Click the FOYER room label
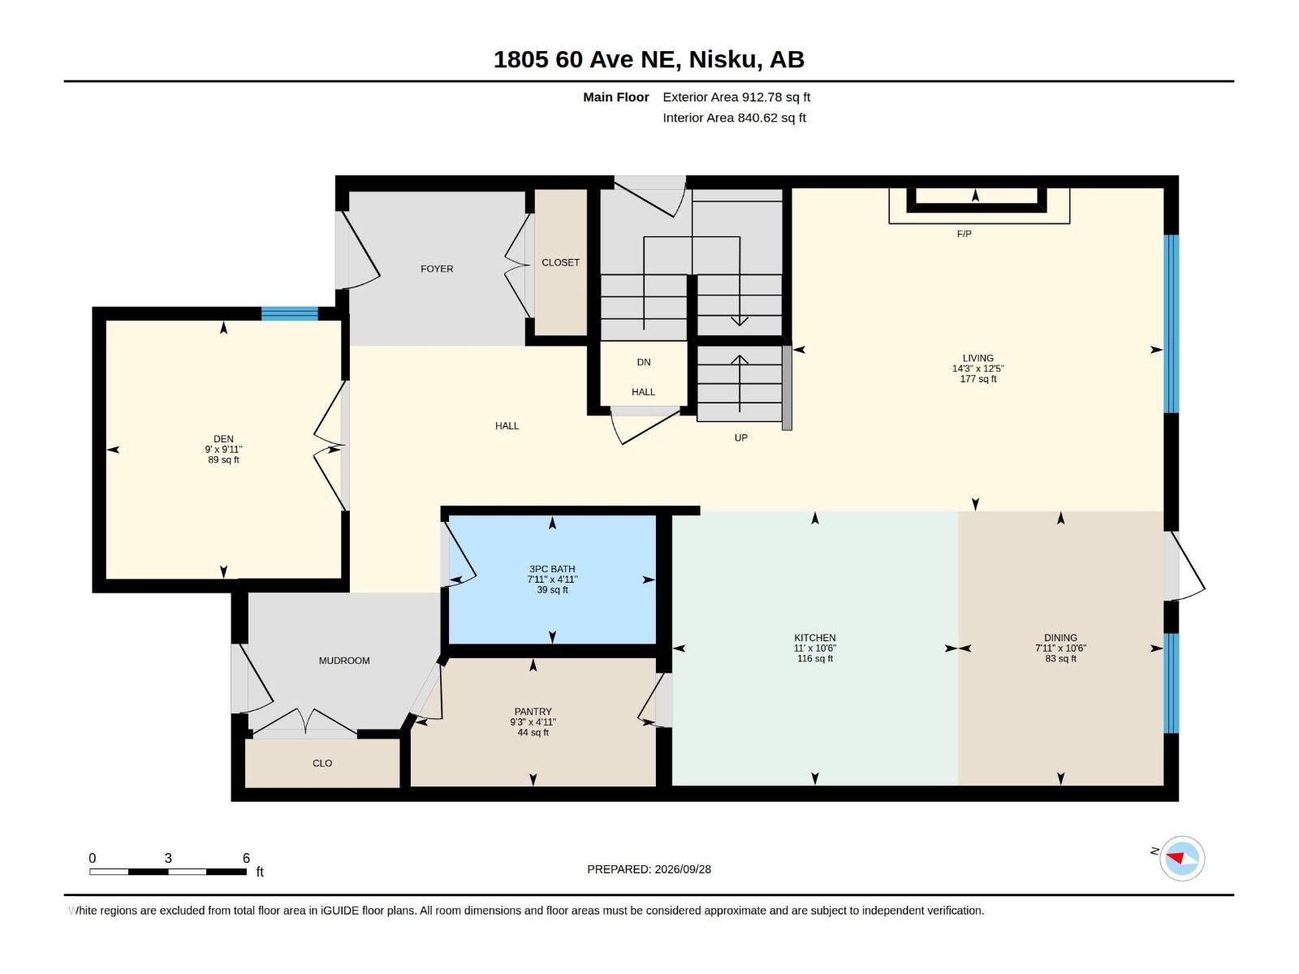click(437, 269)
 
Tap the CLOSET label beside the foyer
click(560, 262)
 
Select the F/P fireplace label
click(964, 235)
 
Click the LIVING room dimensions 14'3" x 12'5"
click(977, 368)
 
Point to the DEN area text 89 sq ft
click(224, 460)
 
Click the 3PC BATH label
click(552, 569)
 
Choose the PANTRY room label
click(533, 712)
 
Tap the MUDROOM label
click(344, 661)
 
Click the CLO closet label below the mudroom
click(322, 764)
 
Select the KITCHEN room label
click(815, 637)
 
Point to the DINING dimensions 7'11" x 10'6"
click(1060, 649)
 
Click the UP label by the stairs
click(741, 437)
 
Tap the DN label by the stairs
click(644, 363)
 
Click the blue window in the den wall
click(290, 314)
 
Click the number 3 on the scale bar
click(168, 858)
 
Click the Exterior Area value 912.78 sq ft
click(776, 97)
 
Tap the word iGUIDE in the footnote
click(339, 911)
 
